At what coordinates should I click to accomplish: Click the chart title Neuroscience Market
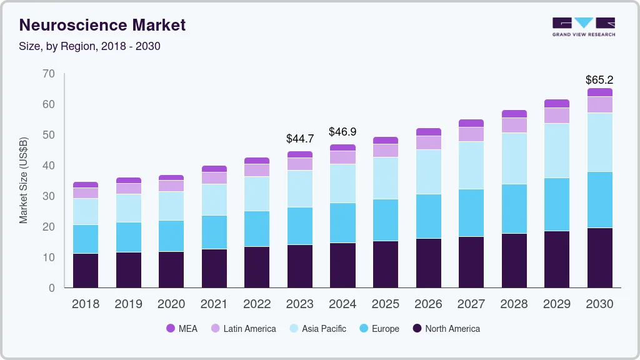(102, 26)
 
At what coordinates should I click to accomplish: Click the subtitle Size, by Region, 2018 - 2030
(90, 46)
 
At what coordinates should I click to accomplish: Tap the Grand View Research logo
(583, 26)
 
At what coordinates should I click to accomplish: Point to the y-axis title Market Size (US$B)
(24, 181)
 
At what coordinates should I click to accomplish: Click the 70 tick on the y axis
(49, 74)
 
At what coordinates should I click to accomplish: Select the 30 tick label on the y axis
(49, 196)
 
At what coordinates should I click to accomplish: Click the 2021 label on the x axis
(214, 304)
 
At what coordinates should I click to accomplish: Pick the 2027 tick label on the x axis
(471, 304)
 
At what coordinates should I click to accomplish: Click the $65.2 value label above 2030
(599, 80)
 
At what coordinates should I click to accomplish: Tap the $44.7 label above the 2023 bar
(299, 138)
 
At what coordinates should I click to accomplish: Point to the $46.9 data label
(342, 132)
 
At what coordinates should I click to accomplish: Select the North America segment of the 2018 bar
(86, 270)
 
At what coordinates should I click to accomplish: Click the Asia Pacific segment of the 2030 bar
(599, 142)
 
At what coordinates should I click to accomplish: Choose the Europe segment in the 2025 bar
(386, 220)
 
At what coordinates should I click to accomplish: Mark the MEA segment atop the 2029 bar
(556, 103)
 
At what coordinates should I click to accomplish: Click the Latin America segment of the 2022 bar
(257, 170)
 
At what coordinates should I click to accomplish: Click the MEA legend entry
(181, 329)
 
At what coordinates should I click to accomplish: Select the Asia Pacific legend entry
(324, 329)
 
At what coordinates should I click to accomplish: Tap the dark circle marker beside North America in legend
(417, 329)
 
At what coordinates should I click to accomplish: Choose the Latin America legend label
(249, 329)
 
